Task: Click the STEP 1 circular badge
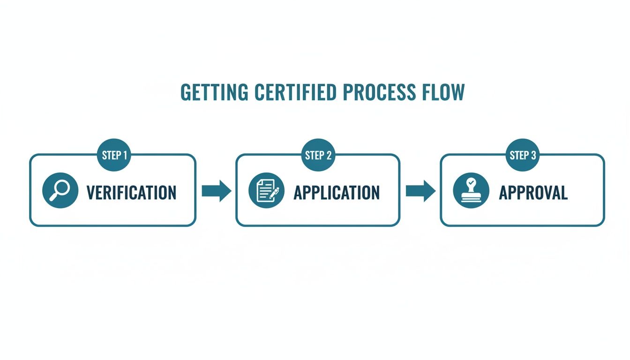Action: (114, 155)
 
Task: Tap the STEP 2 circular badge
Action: (318, 155)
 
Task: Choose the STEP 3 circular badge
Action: (522, 155)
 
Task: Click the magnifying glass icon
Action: (60, 190)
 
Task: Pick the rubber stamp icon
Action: (471, 190)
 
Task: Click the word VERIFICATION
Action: (131, 193)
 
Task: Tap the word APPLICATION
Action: (337, 193)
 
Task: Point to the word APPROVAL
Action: (533, 193)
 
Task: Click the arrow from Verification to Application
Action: (216, 191)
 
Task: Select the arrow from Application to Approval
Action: (420, 191)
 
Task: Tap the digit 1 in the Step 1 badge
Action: (125, 155)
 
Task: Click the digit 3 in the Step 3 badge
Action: (533, 155)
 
